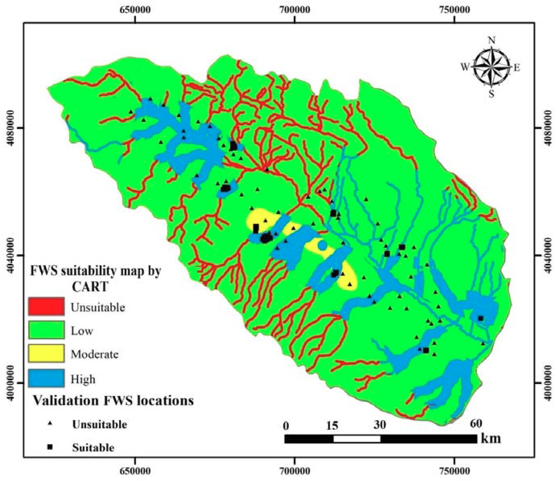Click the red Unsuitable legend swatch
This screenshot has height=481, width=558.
tap(46, 306)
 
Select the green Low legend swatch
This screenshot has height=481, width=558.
tap(46, 330)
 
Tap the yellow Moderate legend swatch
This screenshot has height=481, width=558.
tap(46, 353)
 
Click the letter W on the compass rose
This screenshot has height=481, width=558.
tap(465, 67)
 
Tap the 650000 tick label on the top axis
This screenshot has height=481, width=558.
tap(135, 10)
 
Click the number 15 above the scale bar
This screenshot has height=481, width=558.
tap(333, 426)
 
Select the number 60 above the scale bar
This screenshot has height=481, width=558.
tap(476, 423)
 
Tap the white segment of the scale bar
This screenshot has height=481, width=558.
tap(357, 439)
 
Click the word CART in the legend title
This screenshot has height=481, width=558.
tap(90, 287)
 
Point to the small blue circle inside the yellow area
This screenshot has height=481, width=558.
tap(322, 245)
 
